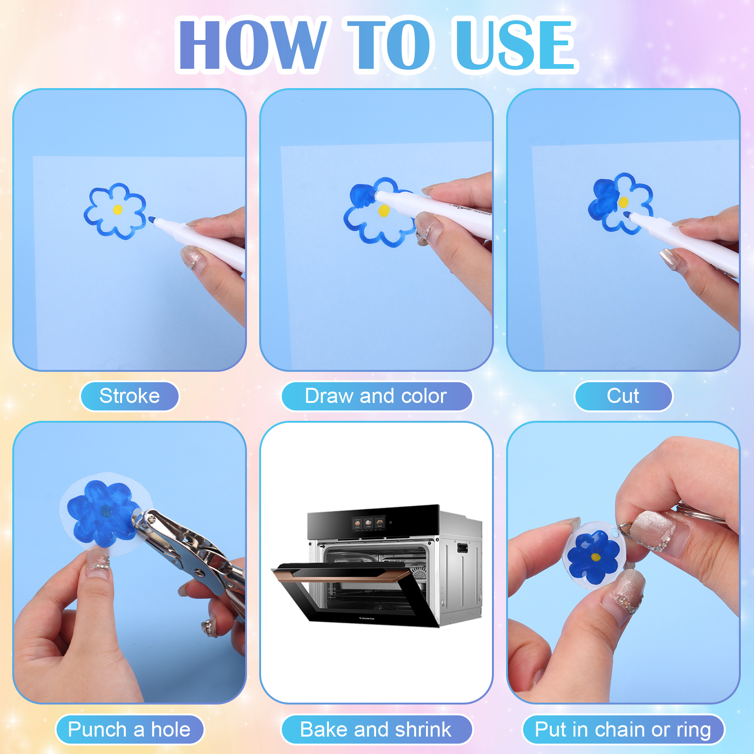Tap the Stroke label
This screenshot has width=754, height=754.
coord(130,396)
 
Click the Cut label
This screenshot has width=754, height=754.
coord(623,396)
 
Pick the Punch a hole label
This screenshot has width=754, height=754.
coord(130,729)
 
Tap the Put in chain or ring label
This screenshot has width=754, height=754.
coord(623,729)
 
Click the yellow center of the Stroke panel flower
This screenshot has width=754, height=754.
coord(118,210)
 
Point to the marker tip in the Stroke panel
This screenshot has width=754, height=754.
coord(152,220)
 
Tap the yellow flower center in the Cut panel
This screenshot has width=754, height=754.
coord(623,202)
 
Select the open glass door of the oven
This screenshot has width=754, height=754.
coord(351,591)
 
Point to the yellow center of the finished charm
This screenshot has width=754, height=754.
coord(596,557)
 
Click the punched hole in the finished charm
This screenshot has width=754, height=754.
coord(615,533)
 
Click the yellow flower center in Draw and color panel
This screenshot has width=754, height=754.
coord(384,210)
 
